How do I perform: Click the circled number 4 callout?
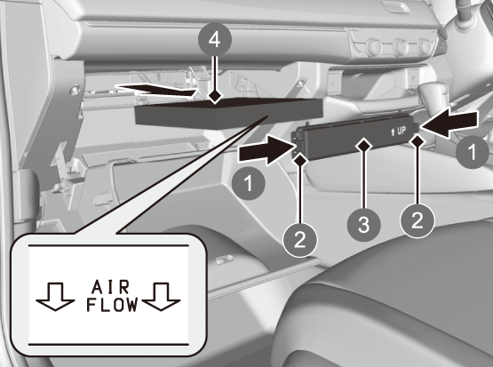(215, 40)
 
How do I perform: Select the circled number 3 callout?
(364, 225)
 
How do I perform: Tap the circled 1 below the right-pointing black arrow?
(249, 183)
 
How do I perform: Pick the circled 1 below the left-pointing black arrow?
(473, 152)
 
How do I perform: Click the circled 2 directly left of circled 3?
(300, 240)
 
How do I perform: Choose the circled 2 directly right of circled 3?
(417, 220)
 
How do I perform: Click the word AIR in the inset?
(110, 287)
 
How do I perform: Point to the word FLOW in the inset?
(112, 305)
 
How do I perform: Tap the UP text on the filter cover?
(398, 131)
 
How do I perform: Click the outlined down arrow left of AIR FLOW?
(55, 297)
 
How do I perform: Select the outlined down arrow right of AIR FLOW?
(161, 297)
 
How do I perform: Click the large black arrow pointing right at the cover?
(267, 149)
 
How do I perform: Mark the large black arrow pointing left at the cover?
(449, 124)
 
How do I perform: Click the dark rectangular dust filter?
(229, 114)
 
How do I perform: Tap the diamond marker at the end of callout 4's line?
(215, 96)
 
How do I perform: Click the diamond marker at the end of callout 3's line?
(363, 146)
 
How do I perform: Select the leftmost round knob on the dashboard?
(373, 46)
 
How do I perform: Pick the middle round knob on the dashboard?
(401, 46)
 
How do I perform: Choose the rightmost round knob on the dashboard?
(425, 46)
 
